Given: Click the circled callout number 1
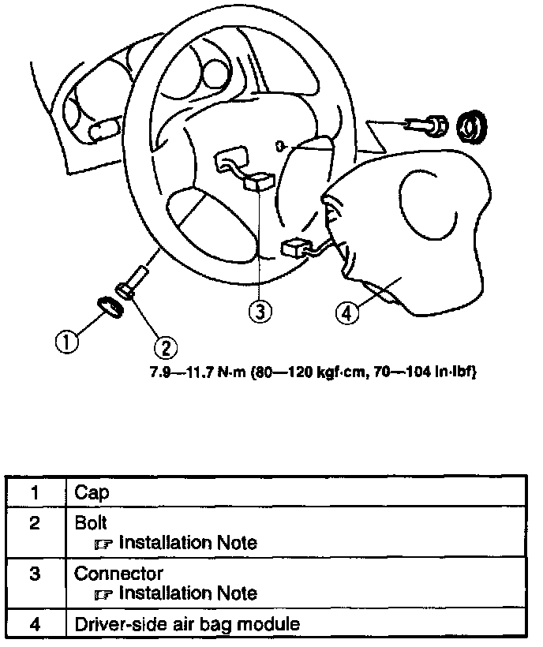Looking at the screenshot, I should (67, 342).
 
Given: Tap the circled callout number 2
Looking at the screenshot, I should (166, 346).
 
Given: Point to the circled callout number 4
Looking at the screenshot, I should (346, 312).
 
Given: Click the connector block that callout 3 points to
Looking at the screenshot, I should (258, 183).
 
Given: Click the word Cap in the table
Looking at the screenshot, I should (92, 493).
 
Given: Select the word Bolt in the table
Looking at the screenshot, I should (91, 523).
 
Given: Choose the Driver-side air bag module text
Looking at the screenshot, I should (187, 624).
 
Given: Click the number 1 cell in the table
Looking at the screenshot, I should (35, 493).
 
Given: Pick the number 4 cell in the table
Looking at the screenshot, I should (35, 624).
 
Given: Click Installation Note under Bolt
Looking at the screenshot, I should (187, 543).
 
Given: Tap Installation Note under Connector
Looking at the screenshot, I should (187, 593).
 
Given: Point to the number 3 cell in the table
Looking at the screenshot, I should (35, 574).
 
